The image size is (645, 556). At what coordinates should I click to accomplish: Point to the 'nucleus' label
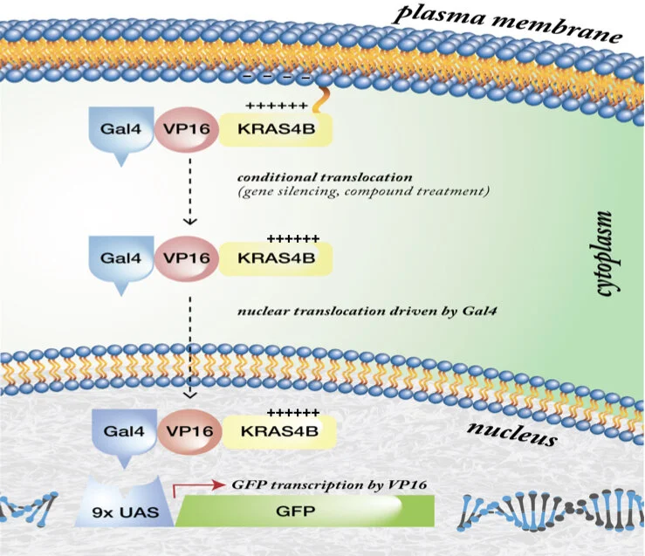[x=511, y=431]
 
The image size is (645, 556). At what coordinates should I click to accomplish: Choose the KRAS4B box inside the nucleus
[x=278, y=430]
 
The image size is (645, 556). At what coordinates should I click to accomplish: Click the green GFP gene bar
[x=305, y=509]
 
